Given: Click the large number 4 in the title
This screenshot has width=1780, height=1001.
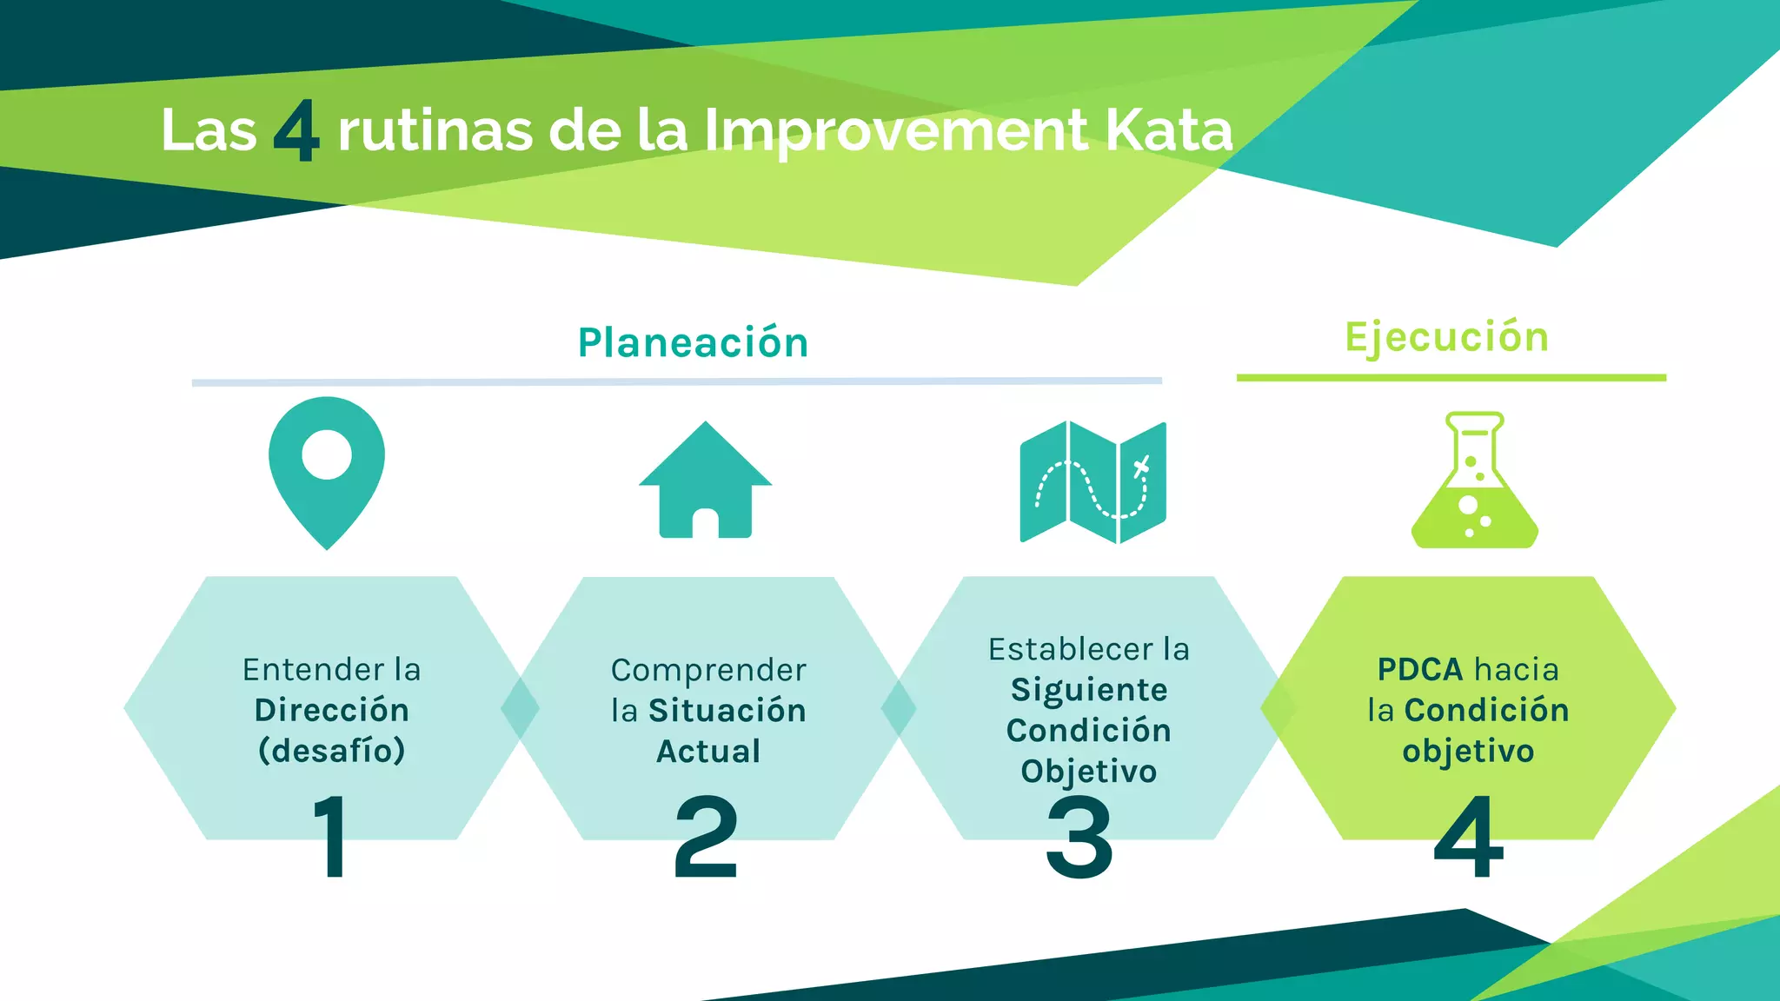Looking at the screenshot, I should [296, 132].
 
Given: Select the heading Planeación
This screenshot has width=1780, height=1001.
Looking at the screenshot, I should [693, 342].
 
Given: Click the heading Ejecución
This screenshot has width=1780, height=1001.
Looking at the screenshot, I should [1446, 337].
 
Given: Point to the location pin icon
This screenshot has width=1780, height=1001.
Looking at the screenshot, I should [327, 487].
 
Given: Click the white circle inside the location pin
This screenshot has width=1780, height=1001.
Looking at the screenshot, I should [327, 454].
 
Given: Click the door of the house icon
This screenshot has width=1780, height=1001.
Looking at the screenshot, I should [705, 523].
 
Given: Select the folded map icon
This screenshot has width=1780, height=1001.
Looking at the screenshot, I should [1093, 482].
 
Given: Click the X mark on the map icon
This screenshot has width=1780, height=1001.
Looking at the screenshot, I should [1141, 467].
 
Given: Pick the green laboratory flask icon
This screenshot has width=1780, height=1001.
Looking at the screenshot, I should [1474, 482].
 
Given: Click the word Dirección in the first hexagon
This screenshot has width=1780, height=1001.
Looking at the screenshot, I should [332, 710].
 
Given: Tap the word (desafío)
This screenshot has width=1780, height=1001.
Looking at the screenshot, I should [332, 751].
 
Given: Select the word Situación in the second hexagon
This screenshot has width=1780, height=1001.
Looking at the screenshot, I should [727, 710].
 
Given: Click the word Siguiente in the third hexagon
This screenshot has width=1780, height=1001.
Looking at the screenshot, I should [1089, 689].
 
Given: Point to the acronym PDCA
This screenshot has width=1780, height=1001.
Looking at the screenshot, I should [1420, 669].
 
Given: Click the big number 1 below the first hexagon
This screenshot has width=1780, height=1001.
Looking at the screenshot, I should [331, 836].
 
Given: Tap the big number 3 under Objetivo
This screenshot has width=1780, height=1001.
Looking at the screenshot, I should [1079, 838].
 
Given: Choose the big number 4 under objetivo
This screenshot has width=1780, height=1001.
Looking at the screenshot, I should [1469, 838].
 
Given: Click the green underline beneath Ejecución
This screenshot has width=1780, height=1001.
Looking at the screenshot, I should [1451, 378].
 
